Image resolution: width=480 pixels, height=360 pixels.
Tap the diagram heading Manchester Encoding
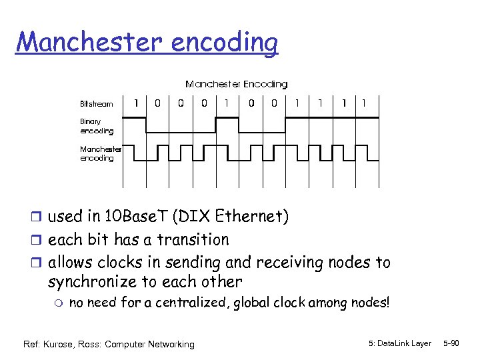click(x=237, y=85)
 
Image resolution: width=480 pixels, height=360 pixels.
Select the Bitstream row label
click(x=97, y=104)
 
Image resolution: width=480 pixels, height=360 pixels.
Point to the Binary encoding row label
click(x=97, y=127)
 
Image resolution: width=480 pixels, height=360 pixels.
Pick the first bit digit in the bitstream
click(x=136, y=103)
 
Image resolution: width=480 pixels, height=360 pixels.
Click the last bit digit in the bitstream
click(x=363, y=103)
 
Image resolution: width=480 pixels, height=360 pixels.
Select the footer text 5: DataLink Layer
click(x=399, y=343)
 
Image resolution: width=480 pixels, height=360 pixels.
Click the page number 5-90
click(x=451, y=343)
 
